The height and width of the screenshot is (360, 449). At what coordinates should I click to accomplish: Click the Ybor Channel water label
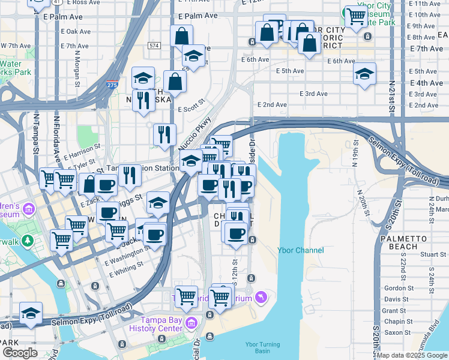(300, 250)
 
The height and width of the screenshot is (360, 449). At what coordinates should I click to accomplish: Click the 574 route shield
(154, 46)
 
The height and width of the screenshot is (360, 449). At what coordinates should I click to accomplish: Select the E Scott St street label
(192, 109)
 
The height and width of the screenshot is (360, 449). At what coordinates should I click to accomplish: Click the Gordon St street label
(396, 288)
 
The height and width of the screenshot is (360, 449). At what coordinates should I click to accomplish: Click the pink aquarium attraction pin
(261, 296)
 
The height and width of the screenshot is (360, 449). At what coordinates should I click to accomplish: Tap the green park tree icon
(27, 241)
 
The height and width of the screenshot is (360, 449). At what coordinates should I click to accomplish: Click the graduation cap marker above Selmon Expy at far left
(31, 313)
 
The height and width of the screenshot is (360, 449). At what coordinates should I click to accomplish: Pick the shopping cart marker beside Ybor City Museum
(355, 17)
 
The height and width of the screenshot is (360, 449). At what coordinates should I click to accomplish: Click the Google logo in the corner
(20, 353)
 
